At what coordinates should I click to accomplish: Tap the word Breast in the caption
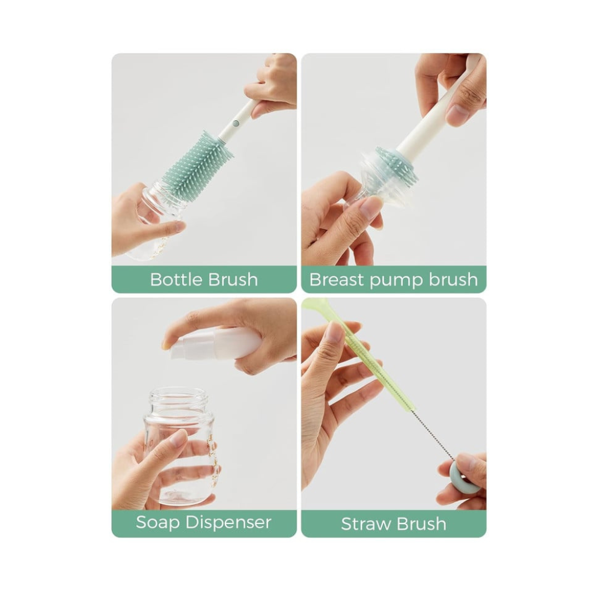[337, 279]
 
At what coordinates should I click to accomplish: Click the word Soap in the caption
[157, 523]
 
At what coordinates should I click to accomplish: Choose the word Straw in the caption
[365, 524]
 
